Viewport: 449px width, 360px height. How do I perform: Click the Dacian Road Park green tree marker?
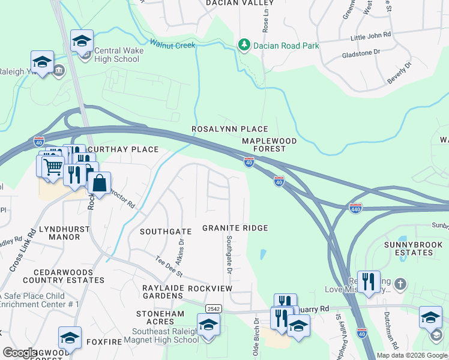click(x=244, y=46)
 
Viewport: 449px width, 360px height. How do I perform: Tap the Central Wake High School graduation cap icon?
click(x=82, y=41)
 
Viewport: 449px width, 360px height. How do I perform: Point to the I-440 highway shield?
click(x=355, y=208)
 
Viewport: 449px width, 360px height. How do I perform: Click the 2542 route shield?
click(x=212, y=308)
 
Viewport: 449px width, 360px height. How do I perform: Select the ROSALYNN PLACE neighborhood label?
click(x=229, y=129)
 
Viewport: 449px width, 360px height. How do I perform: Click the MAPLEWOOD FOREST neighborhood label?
click(x=269, y=145)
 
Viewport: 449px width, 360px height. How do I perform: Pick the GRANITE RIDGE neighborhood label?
click(x=235, y=228)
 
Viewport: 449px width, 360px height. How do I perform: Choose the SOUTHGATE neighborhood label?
click(x=165, y=231)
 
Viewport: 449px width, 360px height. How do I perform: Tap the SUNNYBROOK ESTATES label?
click(x=408, y=248)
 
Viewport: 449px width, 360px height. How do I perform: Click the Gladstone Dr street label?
click(x=361, y=52)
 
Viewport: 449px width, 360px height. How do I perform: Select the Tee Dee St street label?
click(x=169, y=266)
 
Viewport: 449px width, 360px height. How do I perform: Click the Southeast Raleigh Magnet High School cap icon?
click(x=208, y=325)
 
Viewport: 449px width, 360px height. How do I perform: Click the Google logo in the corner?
click(x=20, y=353)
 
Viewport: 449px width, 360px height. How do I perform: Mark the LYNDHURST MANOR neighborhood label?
click(x=59, y=233)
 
